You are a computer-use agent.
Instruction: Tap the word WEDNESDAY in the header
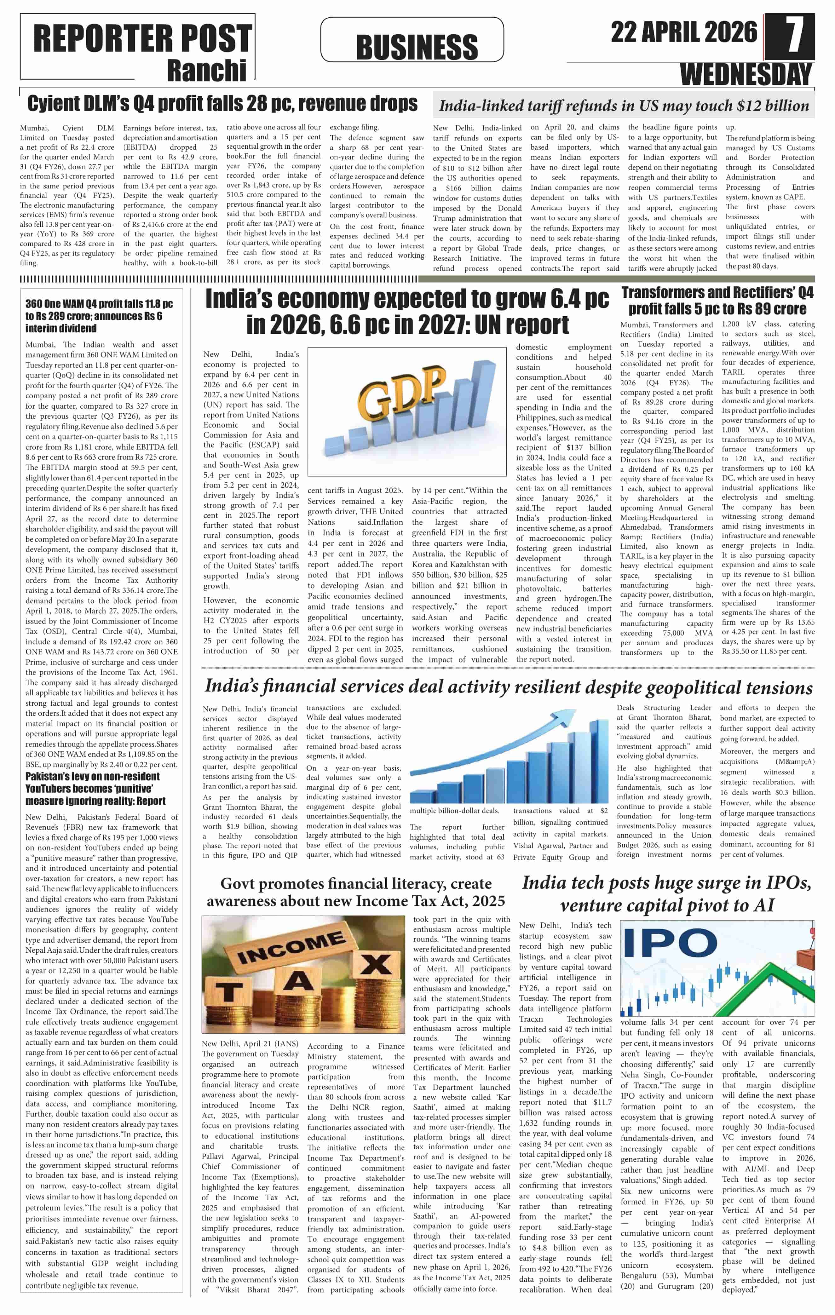click(x=746, y=74)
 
